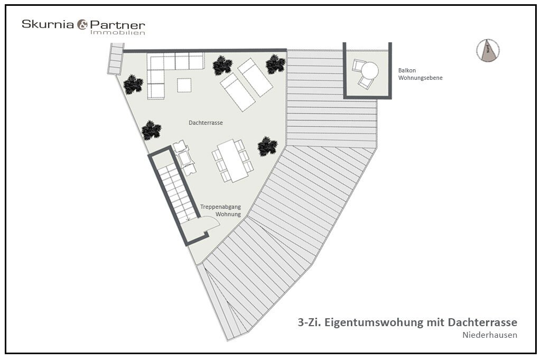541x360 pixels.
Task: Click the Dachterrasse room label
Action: point(206,123)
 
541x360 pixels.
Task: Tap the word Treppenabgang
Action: point(220,207)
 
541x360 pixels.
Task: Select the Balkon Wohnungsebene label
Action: point(420,74)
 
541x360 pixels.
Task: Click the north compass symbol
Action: point(488,50)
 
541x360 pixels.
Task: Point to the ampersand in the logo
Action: point(82,24)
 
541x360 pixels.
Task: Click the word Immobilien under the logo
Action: point(118,32)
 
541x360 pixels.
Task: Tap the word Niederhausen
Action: point(490,335)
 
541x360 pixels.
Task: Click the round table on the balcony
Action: point(369,71)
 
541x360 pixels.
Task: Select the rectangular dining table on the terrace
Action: point(233,161)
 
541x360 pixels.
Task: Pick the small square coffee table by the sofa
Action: point(184,85)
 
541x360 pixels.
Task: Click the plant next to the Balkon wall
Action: point(275,64)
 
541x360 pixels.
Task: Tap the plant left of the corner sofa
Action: point(133,85)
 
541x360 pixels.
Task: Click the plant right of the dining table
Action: point(267,146)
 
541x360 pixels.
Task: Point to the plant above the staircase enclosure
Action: point(152,130)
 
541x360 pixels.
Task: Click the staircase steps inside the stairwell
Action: point(176,192)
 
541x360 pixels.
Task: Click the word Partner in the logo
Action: point(118,25)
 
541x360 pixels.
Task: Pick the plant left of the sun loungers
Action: point(222,66)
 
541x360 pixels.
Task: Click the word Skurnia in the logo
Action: point(48,24)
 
